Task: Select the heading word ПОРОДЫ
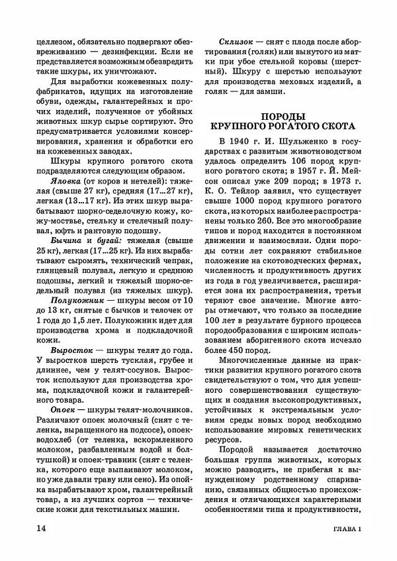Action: (x=283, y=115)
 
